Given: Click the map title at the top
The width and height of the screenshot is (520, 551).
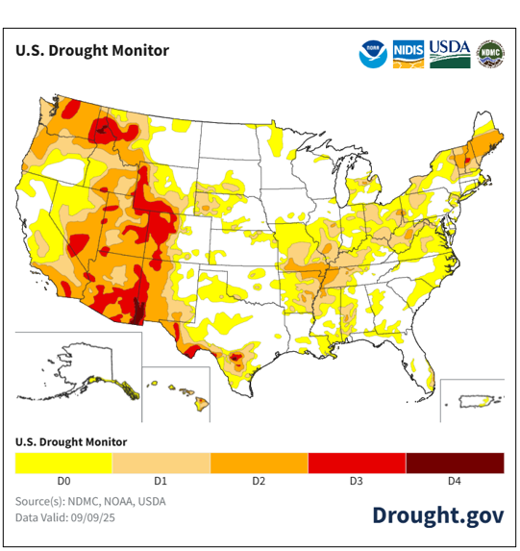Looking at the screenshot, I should (92, 50).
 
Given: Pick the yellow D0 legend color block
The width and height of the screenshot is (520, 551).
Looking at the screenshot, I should (63, 463).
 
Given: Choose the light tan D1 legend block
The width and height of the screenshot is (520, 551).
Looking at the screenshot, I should (161, 463).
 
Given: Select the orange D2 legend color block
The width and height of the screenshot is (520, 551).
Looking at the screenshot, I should (260, 463).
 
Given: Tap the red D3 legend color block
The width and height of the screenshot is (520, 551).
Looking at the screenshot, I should (357, 463).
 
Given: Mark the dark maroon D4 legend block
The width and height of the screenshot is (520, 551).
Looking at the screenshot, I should (455, 463).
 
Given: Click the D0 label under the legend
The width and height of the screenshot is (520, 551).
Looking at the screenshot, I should (63, 480).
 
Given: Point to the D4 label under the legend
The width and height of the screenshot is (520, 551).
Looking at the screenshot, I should (455, 480).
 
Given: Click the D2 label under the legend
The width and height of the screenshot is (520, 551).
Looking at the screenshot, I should (260, 480).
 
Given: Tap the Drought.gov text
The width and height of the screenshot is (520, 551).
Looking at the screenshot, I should (437, 514).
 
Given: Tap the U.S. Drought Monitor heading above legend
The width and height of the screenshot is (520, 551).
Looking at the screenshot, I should (71, 441).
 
